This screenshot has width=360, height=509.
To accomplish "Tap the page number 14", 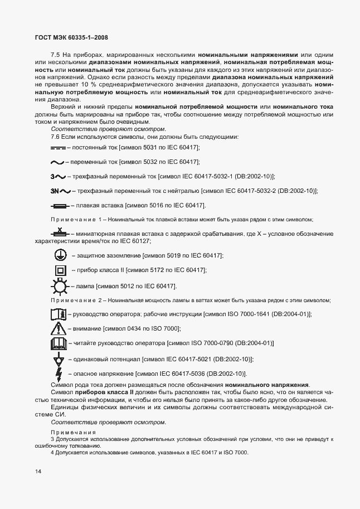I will (37, 472).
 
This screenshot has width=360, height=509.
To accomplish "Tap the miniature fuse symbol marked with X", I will (58, 232).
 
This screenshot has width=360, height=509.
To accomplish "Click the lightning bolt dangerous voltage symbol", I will (58, 374).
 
